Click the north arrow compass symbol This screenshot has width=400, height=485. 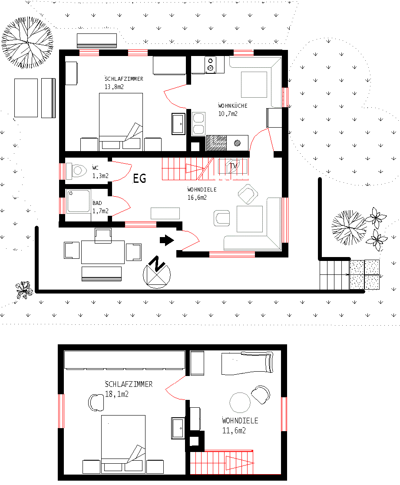(x=157, y=272)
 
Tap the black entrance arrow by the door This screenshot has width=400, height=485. (x=167, y=240)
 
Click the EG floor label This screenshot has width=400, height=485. (x=139, y=178)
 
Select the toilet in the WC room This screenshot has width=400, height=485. (x=78, y=170)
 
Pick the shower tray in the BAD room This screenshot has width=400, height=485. (x=79, y=201)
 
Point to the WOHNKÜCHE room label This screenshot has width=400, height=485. (x=233, y=106)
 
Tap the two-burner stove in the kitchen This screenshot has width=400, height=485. (x=211, y=64)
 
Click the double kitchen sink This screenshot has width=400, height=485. (x=198, y=123)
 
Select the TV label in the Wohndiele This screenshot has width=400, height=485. (x=234, y=166)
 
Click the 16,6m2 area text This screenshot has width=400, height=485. (x=197, y=198)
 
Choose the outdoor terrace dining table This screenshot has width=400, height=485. (x=103, y=252)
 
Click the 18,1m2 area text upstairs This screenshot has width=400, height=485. (x=117, y=394)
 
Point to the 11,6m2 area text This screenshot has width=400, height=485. (x=235, y=431)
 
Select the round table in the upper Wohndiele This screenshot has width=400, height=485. (x=240, y=403)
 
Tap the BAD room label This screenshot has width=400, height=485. (x=97, y=203)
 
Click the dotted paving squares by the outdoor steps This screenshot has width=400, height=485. (x=364, y=274)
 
